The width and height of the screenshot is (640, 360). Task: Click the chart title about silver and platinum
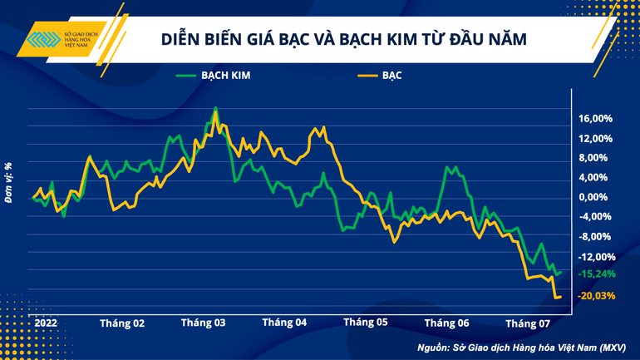click(x=343, y=40)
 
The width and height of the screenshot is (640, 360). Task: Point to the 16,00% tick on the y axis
click(x=595, y=118)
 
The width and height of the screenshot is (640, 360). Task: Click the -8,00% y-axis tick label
click(x=596, y=237)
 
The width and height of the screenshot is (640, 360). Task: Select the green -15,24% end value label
click(x=598, y=274)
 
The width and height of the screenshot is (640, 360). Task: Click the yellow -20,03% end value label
click(x=598, y=296)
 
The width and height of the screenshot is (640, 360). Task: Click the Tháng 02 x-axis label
click(x=122, y=323)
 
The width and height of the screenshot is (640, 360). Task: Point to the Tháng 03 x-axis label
click(x=204, y=323)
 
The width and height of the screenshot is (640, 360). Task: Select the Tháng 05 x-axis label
click(x=366, y=323)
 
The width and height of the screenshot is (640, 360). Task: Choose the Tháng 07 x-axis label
click(x=529, y=323)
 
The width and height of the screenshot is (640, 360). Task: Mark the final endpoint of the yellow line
click(x=560, y=297)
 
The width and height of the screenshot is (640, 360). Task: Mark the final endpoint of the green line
click(x=561, y=272)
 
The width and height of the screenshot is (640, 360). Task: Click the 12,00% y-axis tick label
click(x=595, y=138)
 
